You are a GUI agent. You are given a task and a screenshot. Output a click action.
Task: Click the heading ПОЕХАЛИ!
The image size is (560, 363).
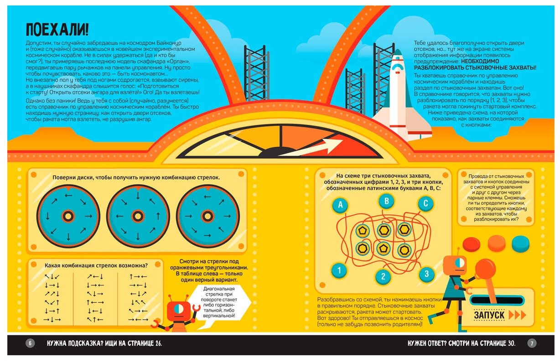click(x=57, y=30)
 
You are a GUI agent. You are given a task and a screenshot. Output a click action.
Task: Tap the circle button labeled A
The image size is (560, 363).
click(x=340, y=205)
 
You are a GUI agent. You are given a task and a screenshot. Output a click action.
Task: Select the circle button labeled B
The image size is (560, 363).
click(x=386, y=200)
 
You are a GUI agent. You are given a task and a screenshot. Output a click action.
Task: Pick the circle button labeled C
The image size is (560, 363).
click(x=425, y=203)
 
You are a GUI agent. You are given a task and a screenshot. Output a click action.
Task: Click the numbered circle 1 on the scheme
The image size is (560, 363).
click(x=339, y=271)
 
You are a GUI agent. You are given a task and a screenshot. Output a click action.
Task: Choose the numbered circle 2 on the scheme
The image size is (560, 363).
click(x=383, y=276)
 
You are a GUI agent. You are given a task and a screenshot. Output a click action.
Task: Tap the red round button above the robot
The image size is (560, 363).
click(x=471, y=244)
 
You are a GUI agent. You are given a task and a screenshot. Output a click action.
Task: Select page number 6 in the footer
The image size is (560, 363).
click(x=30, y=343)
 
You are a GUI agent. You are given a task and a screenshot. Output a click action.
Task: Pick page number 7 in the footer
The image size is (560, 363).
click(x=532, y=343)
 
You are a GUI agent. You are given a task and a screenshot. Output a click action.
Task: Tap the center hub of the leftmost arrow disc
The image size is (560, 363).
click(x=68, y=216)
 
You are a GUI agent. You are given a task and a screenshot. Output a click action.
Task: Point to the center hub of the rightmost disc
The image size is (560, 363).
click(x=207, y=216)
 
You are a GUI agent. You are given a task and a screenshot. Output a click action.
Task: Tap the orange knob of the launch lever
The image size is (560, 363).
click(x=485, y=270)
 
